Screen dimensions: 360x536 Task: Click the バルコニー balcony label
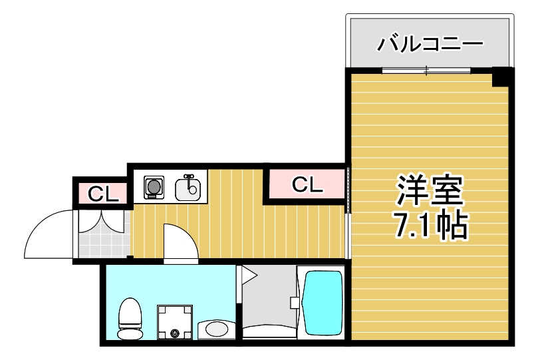[430, 45]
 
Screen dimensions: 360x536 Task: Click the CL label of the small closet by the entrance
[103, 194]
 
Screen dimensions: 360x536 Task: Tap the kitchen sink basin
[188, 190]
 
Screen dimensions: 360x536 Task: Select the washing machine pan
[175, 321]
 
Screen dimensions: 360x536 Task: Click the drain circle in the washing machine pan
[175, 333]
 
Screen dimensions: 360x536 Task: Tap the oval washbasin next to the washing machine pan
[216, 329]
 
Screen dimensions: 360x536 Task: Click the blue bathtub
[322, 303]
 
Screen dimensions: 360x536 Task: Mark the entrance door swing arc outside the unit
[47, 233]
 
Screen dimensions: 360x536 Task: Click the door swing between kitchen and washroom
[181, 242]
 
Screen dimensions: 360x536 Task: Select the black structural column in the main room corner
[502, 77]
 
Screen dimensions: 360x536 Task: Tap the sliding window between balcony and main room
[426, 69]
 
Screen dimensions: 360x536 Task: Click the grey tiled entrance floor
[102, 243]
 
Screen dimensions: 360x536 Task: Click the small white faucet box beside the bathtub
[295, 302]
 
